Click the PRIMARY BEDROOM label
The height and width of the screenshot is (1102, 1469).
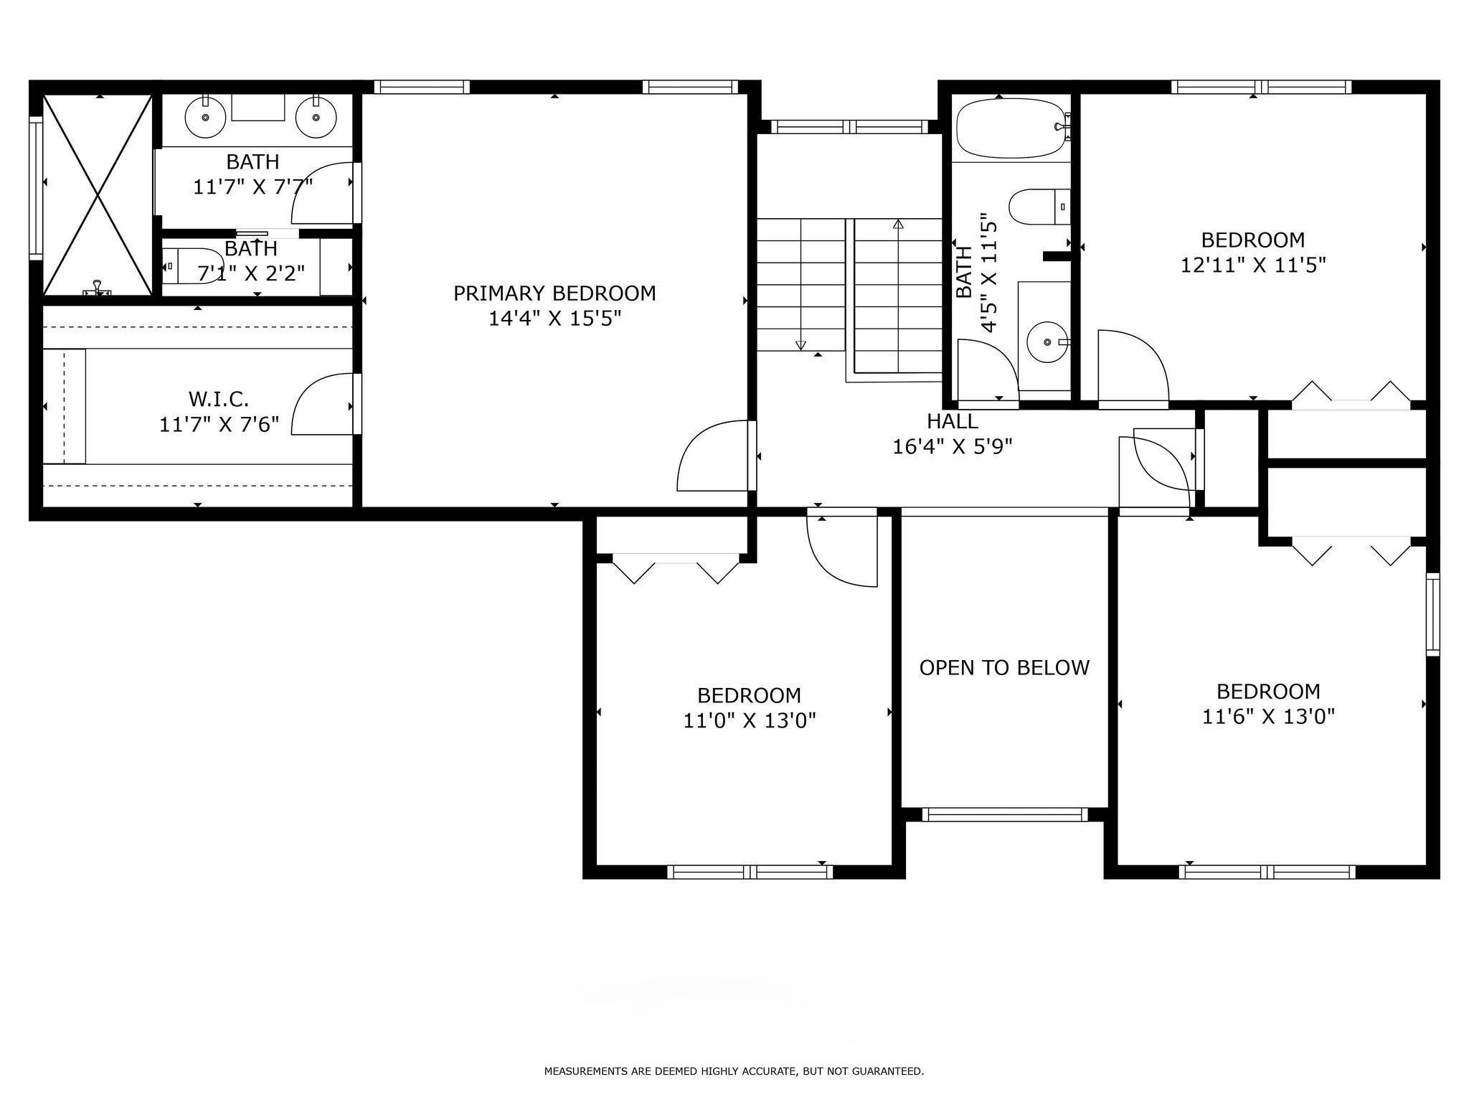tap(554, 293)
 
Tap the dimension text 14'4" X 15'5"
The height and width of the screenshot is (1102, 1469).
tap(554, 319)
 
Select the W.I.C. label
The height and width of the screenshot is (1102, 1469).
tap(219, 399)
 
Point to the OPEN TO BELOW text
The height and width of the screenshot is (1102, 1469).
tap(1004, 668)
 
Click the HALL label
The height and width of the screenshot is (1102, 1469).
tap(953, 421)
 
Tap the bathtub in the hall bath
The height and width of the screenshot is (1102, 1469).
tap(1011, 128)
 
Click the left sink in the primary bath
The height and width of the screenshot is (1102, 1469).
tap(205, 117)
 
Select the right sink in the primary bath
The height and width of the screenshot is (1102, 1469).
tap(316, 117)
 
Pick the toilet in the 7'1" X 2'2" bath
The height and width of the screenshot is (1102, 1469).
tap(192, 266)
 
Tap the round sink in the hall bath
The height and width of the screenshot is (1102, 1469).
tap(1049, 343)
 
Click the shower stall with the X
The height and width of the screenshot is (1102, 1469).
tap(98, 194)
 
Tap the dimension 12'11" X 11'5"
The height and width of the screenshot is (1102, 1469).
tap(1253, 265)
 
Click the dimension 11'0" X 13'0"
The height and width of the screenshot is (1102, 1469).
tap(750, 720)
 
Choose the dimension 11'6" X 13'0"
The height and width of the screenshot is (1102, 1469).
tap(1268, 717)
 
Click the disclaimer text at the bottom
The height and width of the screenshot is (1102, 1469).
tap(734, 1072)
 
